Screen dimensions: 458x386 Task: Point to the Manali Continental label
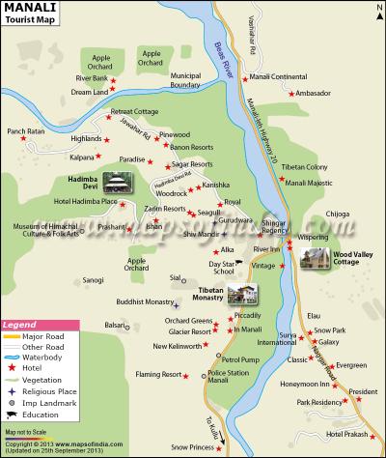278,75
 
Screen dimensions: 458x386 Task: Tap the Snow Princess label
191,447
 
